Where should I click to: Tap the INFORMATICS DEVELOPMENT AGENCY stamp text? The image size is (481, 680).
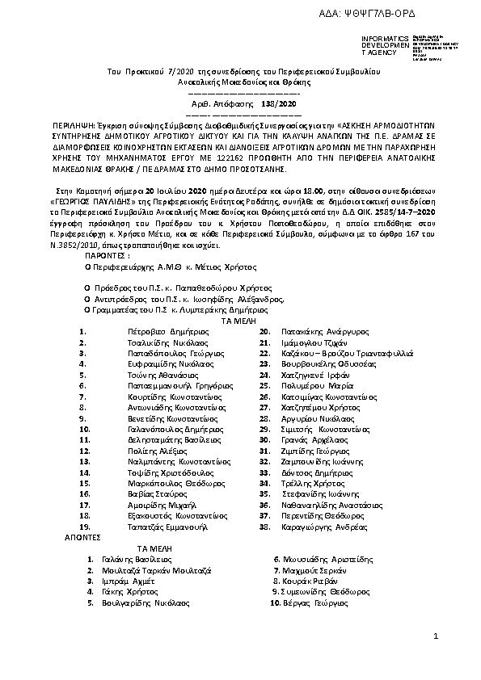379,45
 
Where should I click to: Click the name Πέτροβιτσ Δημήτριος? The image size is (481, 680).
164,331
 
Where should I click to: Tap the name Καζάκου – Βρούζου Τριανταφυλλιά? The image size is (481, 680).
347,353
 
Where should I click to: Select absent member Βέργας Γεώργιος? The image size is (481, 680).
314,602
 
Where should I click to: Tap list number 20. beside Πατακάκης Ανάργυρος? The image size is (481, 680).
264,331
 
